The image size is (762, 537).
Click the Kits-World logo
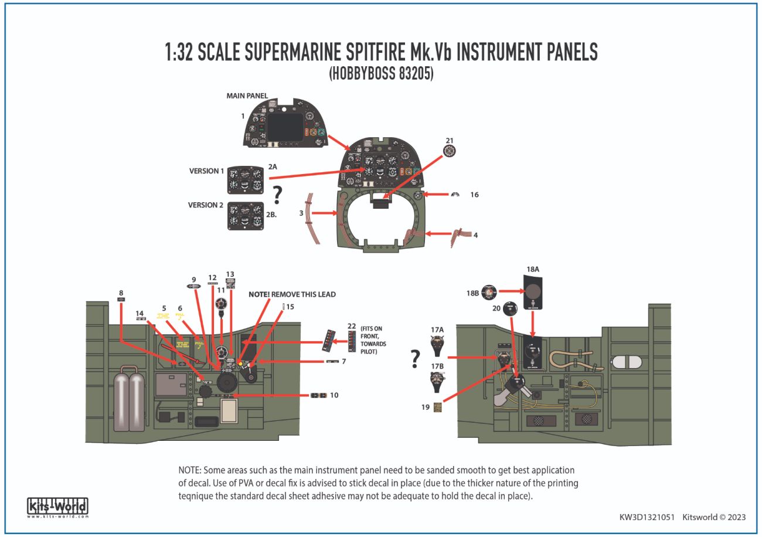pyautogui.click(x=57, y=507)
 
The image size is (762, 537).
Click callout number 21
pyautogui.click(x=450, y=141)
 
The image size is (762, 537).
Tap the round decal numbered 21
pyautogui.click(x=450, y=152)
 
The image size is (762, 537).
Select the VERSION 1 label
pyautogui.click(x=206, y=171)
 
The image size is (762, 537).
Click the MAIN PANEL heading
pyautogui.click(x=247, y=96)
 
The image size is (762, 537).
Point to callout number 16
pyautogui.click(x=474, y=195)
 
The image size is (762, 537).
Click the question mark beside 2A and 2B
pyautogui.click(x=278, y=195)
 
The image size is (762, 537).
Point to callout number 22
pyautogui.click(x=351, y=326)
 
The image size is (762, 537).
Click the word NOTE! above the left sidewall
pyautogui.click(x=258, y=294)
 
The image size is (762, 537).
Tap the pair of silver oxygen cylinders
pyautogui.click(x=130, y=404)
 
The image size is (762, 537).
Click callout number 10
pyautogui.click(x=334, y=395)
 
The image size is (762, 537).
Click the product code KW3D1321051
pyautogui.click(x=647, y=517)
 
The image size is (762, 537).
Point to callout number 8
pyautogui.click(x=121, y=293)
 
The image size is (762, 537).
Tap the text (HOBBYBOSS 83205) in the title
pyautogui.click(x=381, y=74)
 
